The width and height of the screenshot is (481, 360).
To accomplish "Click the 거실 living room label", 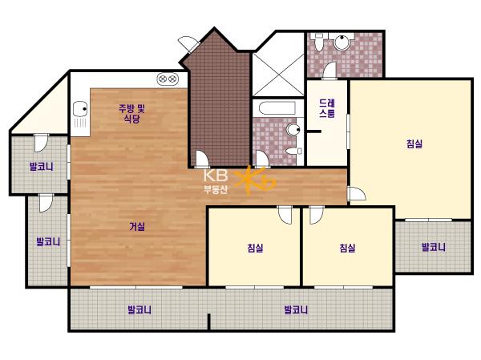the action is (x=137, y=227).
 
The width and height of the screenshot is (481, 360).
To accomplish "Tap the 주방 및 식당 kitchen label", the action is (x=132, y=114).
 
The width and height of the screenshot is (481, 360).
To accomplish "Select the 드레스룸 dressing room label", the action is (x=327, y=108).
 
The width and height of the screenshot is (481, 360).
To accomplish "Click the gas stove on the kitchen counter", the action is (x=168, y=79).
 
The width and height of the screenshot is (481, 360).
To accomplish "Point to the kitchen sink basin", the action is (x=80, y=109).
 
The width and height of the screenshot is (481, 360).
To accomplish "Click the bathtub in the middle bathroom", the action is (x=277, y=108).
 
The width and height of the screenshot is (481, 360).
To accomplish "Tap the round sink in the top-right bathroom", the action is (x=342, y=42).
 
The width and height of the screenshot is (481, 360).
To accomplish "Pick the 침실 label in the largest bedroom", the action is (x=414, y=144).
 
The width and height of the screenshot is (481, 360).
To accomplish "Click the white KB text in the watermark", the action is (x=216, y=176).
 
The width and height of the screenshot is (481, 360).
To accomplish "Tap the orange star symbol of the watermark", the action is (x=253, y=180).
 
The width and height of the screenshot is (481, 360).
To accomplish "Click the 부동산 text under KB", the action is (x=216, y=189).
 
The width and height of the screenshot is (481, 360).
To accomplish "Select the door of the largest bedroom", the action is (x=357, y=194).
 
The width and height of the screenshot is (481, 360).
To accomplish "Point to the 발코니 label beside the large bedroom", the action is (x=434, y=247).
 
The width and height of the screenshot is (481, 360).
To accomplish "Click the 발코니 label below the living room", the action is (x=139, y=309).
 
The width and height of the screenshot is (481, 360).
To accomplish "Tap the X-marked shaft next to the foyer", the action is (x=278, y=75).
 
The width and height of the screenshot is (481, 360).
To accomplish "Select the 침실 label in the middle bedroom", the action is (x=255, y=248).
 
